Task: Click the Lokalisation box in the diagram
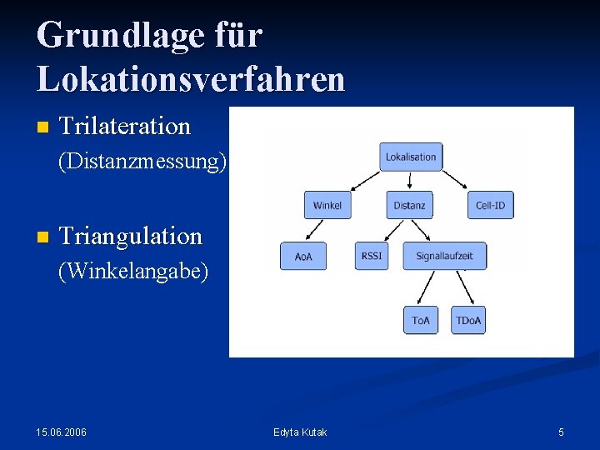[x=411, y=157]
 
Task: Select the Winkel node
[x=327, y=205]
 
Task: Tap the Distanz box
[x=409, y=205]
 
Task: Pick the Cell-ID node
[x=490, y=205]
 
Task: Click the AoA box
[x=303, y=257]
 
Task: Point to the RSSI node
[x=372, y=256]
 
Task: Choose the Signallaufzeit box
[x=444, y=256]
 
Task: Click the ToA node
[x=421, y=321]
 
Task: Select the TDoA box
[x=468, y=321]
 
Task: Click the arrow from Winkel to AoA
[x=314, y=230]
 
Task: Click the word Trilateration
[x=126, y=127]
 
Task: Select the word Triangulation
[x=132, y=237]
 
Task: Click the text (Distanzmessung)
[x=142, y=161]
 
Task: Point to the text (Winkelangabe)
[x=132, y=271]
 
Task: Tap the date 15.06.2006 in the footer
[x=61, y=432]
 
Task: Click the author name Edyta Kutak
[x=300, y=432]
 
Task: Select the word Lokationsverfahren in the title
[x=191, y=78]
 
